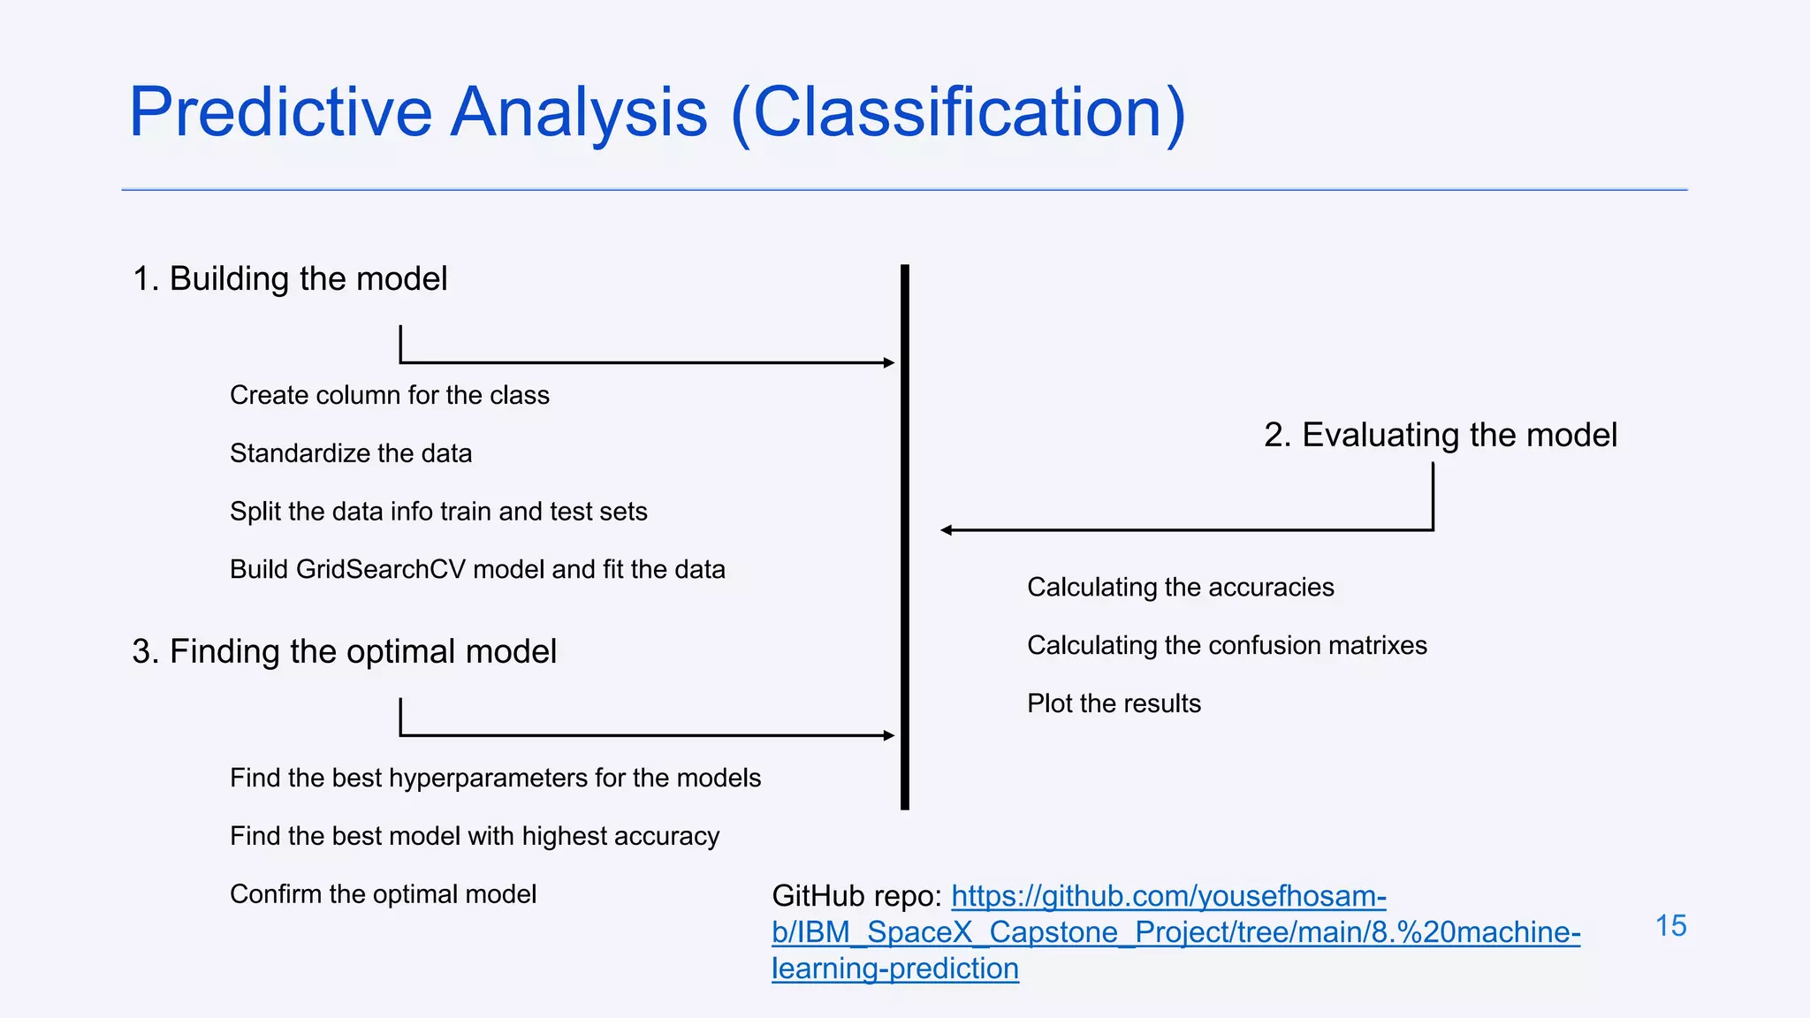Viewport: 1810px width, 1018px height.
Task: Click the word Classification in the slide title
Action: coord(958,113)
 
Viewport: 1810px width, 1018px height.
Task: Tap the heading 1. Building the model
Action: coord(290,279)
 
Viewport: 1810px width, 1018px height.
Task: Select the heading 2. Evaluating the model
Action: coord(1440,436)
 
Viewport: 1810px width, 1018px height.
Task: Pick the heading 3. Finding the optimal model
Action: coord(344,652)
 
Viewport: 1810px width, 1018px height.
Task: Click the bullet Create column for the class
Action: coord(389,395)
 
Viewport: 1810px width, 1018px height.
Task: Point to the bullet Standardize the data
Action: coord(351,453)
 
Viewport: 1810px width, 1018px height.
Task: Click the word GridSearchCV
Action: coord(380,569)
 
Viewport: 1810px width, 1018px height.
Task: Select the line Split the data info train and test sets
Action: coord(438,512)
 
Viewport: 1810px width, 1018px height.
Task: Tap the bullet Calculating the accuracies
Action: coord(1180,588)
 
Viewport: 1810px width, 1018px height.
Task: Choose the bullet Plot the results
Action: coord(1114,704)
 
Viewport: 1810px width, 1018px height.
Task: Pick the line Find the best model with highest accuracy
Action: coord(475,837)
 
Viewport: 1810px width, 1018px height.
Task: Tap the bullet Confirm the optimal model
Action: coord(383,894)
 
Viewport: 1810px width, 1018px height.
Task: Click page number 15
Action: coord(1670,926)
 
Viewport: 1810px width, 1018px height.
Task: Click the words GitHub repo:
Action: coord(856,896)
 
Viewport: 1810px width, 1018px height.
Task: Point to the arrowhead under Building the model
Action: coord(889,362)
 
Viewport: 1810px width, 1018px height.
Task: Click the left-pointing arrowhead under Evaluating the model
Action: coord(947,530)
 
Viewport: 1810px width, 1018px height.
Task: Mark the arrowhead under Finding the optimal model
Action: coord(889,735)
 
